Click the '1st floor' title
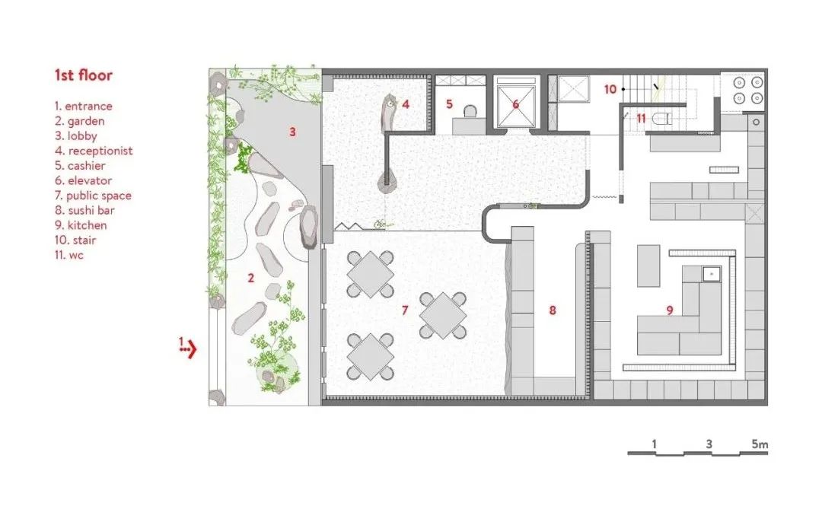(x=83, y=75)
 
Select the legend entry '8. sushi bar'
(x=84, y=210)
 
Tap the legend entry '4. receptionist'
(x=93, y=151)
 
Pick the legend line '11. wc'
(x=68, y=255)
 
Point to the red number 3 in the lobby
(x=292, y=132)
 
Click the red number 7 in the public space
(x=406, y=310)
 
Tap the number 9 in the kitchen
(x=670, y=310)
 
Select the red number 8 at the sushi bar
(x=553, y=310)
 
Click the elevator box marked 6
(x=515, y=103)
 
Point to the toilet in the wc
(x=662, y=118)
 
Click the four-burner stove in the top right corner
(x=742, y=89)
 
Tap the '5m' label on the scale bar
(x=759, y=443)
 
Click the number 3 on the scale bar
(x=709, y=443)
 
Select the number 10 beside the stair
(x=610, y=89)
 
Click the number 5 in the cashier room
(x=449, y=103)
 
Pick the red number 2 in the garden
(x=250, y=278)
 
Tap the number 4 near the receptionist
(x=406, y=103)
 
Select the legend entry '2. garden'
(x=79, y=121)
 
